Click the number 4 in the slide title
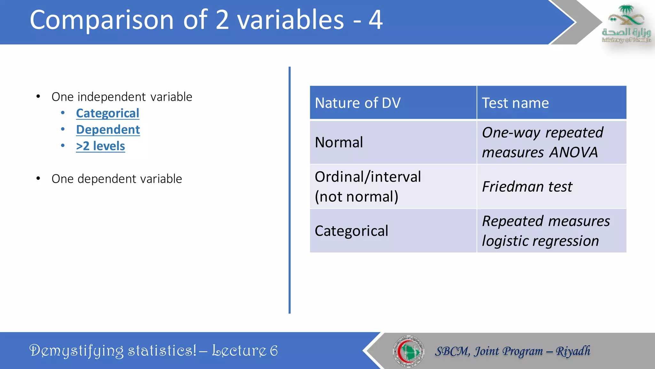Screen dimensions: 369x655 click(x=375, y=20)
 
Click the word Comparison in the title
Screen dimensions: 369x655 click(x=102, y=20)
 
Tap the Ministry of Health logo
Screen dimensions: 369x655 click(x=626, y=24)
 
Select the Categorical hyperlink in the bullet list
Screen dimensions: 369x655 click(x=107, y=113)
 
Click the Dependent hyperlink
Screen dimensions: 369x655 click(x=108, y=130)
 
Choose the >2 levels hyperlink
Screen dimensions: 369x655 click(x=100, y=146)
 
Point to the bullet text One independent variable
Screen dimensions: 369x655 click(x=122, y=97)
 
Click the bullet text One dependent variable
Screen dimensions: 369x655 click(x=117, y=179)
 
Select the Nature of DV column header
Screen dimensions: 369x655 click(x=358, y=103)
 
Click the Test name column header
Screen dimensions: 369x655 click(x=515, y=103)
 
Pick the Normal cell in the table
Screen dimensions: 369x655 click(x=339, y=142)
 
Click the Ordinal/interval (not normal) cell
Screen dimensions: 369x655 click(x=368, y=186)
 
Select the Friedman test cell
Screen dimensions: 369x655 click(x=527, y=187)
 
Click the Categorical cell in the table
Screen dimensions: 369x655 click(x=351, y=231)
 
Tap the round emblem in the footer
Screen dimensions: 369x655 click(x=408, y=351)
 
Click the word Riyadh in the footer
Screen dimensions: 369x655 click(x=573, y=351)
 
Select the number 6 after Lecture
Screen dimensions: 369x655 click(x=274, y=351)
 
